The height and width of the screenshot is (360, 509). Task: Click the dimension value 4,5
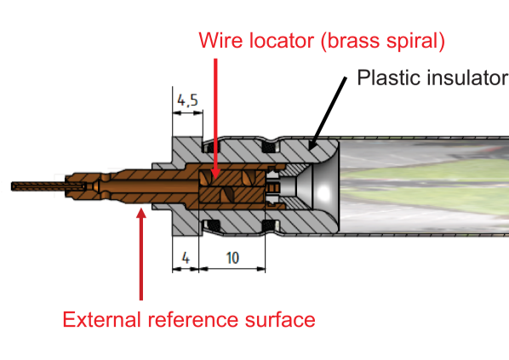[x=187, y=100]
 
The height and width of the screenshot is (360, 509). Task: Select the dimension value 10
[x=232, y=258]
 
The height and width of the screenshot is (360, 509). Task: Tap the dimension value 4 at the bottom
[x=186, y=259]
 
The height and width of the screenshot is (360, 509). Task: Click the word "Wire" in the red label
[x=220, y=41]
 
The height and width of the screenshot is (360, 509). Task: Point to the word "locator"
[x=282, y=41]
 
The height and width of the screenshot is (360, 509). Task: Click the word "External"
[x=101, y=319]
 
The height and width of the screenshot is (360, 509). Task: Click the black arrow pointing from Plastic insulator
[x=328, y=113]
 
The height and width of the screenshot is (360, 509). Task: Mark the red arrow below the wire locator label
[x=215, y=119]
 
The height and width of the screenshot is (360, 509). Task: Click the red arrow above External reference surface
[x=141, y=254]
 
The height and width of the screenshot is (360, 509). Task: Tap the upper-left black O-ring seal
[x=211, y=148]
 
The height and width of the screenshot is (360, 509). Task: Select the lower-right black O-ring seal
[x=270, y=225]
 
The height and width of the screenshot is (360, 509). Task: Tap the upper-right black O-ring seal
[x=270, y=148]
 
